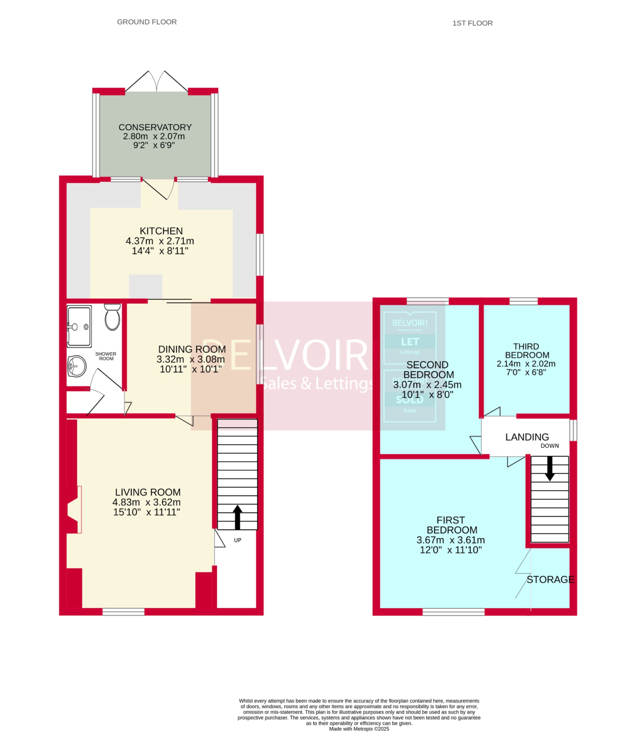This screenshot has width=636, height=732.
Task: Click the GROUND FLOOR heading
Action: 147,22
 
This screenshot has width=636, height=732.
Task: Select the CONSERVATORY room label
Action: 155,127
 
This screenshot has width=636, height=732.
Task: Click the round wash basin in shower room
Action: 76,366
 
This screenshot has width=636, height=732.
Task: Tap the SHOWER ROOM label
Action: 106,356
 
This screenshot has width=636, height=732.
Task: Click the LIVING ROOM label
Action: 148,492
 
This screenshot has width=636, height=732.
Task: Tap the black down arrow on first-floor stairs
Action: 550,468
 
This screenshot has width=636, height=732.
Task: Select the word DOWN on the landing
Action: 549,446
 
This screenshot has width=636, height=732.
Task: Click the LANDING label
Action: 527,437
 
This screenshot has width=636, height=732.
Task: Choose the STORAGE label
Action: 550,579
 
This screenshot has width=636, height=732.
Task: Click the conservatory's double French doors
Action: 156,82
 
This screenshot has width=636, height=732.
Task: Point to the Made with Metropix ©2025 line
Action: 359,729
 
